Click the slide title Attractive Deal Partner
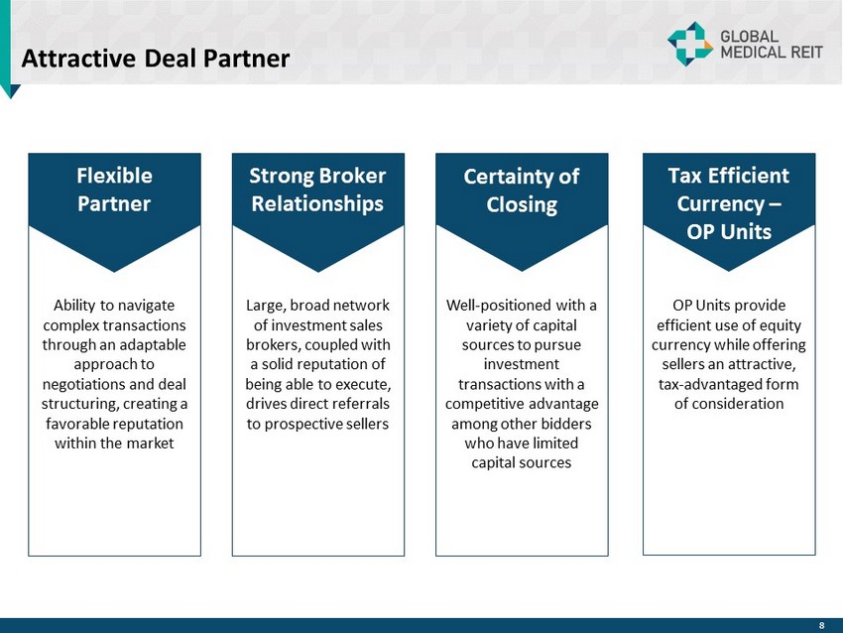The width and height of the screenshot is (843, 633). pyautogui.click(x=156, y=59)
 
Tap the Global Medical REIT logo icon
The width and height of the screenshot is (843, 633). pyautogui.click(x=689, y=44)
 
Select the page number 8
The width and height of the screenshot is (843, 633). pyautogui.click(x=821, y=625)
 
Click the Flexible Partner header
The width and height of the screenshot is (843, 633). pyautogui.click(x=114, y=190)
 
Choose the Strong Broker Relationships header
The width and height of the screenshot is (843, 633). pyautogui.click(x=317, y=190)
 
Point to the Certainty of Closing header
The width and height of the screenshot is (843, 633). pyautogui.click(x=522, y=190)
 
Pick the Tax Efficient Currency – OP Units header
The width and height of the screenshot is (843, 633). pyautogui.click(x=729, y=202)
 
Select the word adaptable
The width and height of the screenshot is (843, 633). pyautogui.click(x=151, y=344)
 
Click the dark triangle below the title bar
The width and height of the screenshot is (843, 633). pyautogui.click(x=11, y=90)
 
